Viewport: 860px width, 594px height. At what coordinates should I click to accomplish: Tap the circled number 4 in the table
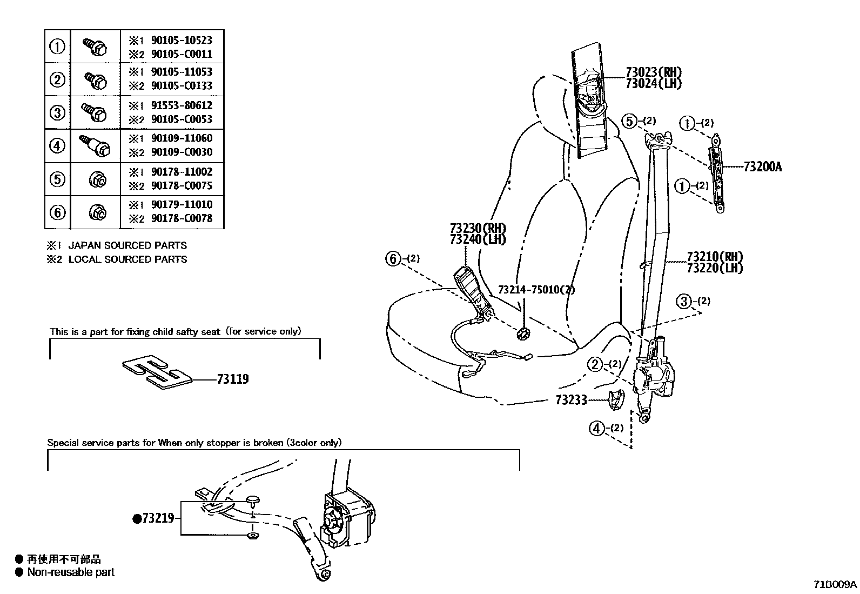click(x=57, y=145)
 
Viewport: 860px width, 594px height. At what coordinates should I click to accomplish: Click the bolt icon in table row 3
click(x=95, y=112)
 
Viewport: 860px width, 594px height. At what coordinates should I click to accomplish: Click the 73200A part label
click(x=762, y=166)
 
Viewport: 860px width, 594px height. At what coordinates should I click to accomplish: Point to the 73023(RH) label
click(x=653, y=72)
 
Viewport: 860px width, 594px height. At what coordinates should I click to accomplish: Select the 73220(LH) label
click(x=714, y=268)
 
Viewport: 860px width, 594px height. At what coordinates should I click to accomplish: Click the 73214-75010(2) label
click(x=536, y=290)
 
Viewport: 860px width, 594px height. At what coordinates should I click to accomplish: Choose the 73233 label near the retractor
click(x=570, y=401)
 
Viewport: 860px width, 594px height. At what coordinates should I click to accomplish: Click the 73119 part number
click(x=233, y=379)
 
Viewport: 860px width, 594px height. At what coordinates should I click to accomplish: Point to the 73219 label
click(x=158, y=518)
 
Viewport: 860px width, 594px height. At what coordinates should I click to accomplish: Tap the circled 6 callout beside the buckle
click(x=394, y=259)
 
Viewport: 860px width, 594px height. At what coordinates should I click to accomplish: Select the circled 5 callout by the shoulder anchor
click(x=629, y=121)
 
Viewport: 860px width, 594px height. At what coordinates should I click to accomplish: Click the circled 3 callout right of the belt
click(x=684, y=301)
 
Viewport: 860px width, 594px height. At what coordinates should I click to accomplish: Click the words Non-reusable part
click(x=71, y=572)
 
